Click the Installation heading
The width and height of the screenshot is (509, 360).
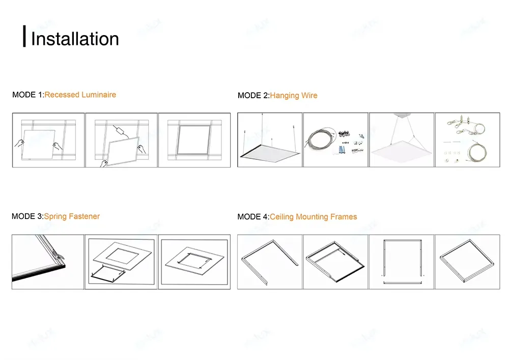[75, 39]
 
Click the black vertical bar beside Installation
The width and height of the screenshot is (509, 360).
[24, 37]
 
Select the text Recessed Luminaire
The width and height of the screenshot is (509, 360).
[80, 95]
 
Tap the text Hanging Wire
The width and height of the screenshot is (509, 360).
[293, 95]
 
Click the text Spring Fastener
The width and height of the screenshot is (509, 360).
[72, 216]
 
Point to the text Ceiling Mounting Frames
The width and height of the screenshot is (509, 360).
[313, 217]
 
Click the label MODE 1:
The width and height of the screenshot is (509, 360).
[28, 95]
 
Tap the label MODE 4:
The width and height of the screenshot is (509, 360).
[253, 217]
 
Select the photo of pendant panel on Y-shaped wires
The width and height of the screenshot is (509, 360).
[401, 140]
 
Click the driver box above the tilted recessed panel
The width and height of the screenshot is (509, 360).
[121, 130]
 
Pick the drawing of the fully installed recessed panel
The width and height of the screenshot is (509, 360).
[194, 140]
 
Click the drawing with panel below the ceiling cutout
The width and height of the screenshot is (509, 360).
[121, 262]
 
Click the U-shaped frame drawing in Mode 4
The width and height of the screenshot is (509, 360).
[270, 262]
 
